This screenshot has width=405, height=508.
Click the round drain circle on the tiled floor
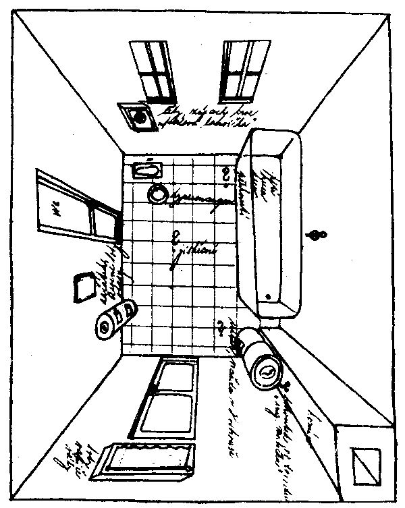[x=158, y=193]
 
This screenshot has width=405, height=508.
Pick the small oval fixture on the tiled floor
[x=146, y=169]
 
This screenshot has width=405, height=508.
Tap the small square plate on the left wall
[x=84, y=287]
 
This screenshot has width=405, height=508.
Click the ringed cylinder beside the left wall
[x=115, y=318]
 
